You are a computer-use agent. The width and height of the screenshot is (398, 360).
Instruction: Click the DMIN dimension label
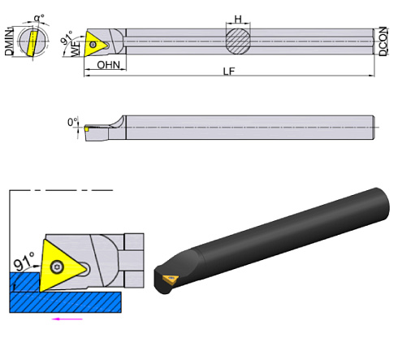(x=9, y=40)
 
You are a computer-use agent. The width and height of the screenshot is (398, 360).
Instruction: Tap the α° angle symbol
(x=38, y=16)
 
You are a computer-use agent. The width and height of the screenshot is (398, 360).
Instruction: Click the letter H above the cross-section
(x=237, y=18)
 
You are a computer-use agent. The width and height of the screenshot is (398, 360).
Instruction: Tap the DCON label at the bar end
(x=383, y=39)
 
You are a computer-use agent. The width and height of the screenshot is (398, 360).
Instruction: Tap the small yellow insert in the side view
(x=86, y=128)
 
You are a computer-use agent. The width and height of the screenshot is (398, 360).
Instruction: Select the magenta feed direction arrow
(x=67, y=319)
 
